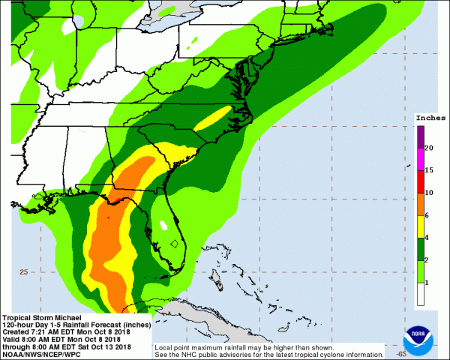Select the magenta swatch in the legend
coord(420,159)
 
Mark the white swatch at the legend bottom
coord(420,294)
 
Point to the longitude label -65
coord(401,352)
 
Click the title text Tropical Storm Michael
coord(35,317)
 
